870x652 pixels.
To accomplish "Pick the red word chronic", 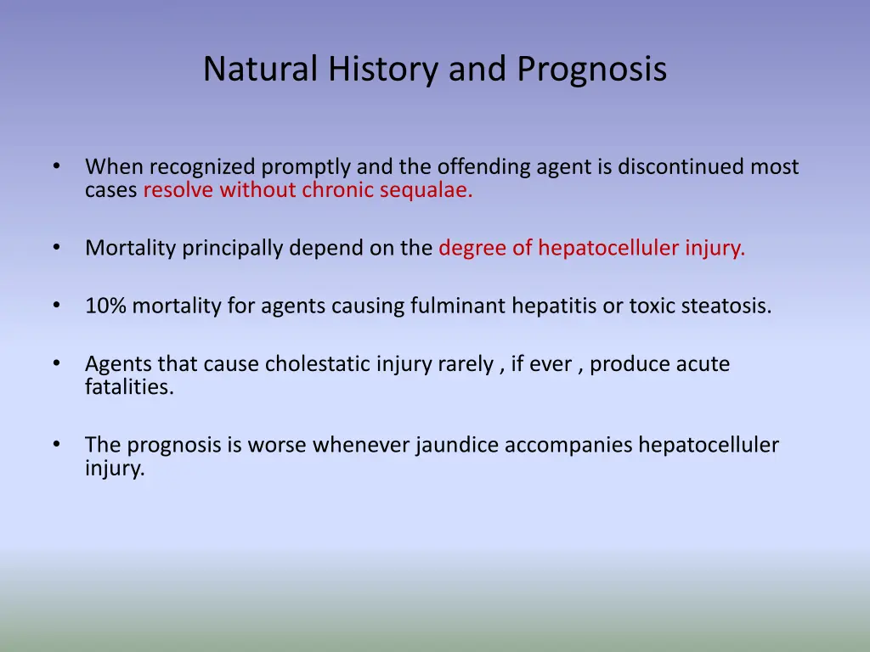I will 336,190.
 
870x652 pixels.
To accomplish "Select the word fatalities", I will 129,387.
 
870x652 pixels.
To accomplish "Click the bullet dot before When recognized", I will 55,166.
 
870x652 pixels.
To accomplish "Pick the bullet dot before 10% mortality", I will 55,305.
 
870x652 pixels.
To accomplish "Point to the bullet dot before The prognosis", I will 55,444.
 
